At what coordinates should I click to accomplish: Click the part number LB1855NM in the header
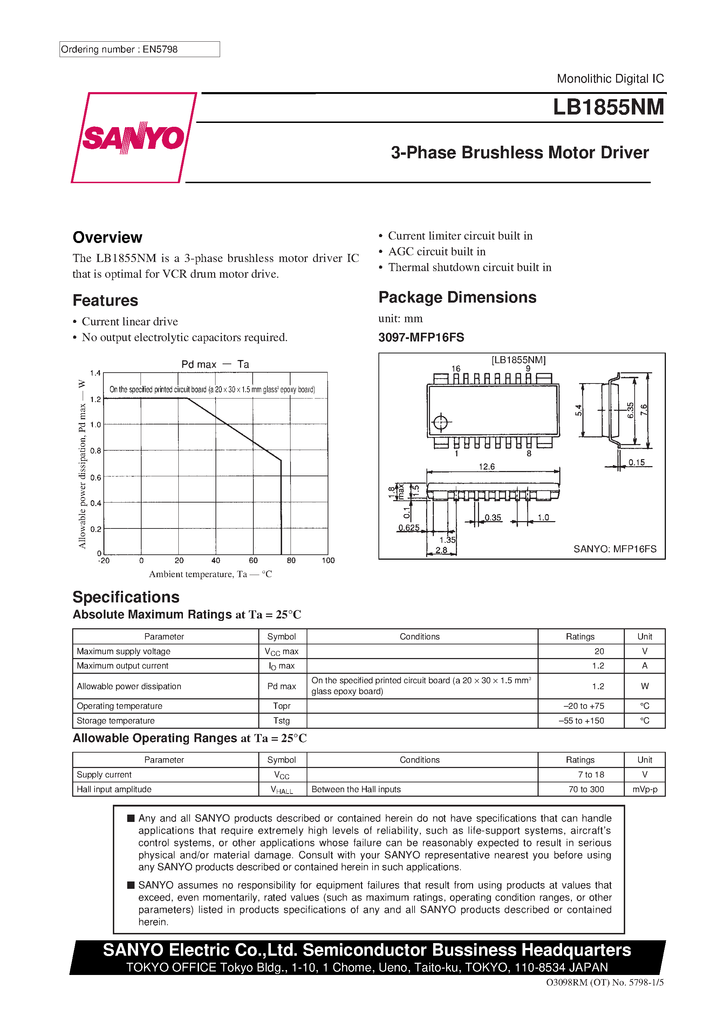click(x=608, y=108)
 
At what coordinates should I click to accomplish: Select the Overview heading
click(x=107, y=237)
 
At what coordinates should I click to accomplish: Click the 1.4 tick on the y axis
click(x=95, y=373)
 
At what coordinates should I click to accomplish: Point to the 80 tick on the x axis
click(x=291, y=561)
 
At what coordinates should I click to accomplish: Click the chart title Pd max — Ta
click(x=215, y=364)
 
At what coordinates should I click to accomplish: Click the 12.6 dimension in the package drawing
click(x=486, y=466)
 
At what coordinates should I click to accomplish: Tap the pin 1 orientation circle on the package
click(x=440, y=422)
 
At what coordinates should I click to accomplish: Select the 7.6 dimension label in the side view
click(x=643, y=410)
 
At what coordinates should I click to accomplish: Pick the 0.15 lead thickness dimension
click(x=636, y=463)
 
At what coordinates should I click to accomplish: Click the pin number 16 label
click(x=456, y=368)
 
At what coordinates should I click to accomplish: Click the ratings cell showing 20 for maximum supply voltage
click(x=599, y=651)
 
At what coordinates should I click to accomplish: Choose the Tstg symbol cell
click(x=282, y=720)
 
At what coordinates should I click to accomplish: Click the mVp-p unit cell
click(x=644, y=789)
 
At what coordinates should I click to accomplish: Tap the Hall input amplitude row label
click(x=114, y=789)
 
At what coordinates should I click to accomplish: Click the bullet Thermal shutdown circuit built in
click(x=470, y=267)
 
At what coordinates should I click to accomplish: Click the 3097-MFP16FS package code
click(x=421, y=337)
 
